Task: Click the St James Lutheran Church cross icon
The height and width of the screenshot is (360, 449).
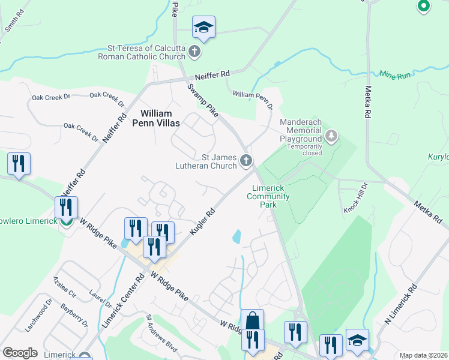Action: [246, 160]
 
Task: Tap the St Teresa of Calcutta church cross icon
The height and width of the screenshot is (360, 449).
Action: [194, 52]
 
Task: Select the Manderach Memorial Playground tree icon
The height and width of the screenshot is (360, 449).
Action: [331, 136]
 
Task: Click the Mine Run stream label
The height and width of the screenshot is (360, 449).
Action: [395, 75]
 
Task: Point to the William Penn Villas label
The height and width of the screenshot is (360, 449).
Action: [156, 118]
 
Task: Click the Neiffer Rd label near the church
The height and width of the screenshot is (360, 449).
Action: [208, 75]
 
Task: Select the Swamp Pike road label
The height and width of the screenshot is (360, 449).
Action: [201, 99]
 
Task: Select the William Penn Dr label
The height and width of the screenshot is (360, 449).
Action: [253, 98]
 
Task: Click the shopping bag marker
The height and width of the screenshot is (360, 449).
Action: [253, 319]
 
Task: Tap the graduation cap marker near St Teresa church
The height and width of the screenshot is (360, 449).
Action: [203, 27]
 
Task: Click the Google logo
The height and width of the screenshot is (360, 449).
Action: [20, 353]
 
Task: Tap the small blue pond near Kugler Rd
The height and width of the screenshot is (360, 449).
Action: [237, 236]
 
